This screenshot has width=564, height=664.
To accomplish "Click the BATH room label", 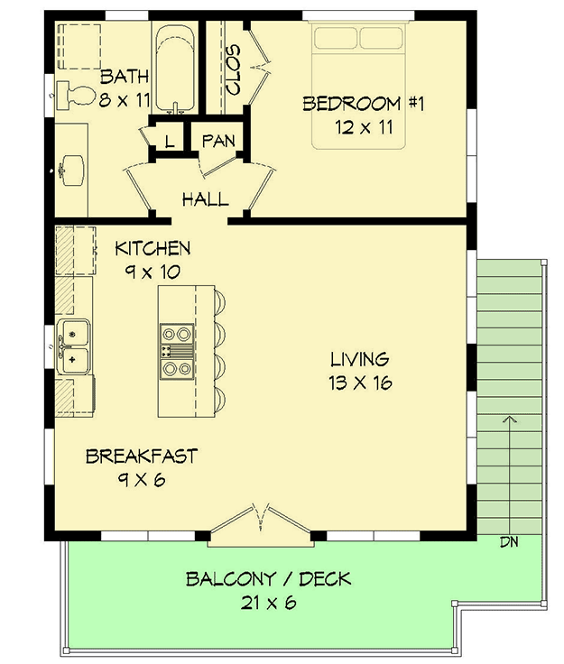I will pyautogui.click(x=123, y=76).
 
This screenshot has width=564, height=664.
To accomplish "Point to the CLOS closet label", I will pyautogui.click(x=232, y=69).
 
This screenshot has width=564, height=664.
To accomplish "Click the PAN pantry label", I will pyautogui.click(x=218, y=141).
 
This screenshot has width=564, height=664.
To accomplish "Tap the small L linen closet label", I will pyautogui.click(x=170, y=141).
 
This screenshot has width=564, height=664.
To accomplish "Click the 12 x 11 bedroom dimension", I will pyautogui.click(x=361, y=127).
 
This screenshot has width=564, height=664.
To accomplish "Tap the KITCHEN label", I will pyautogui.click(x=153, y=248).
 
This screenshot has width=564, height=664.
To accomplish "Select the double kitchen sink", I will pyautogui.click(x=73, y=346).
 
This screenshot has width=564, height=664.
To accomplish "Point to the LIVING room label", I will pyautogui.click(x=359, y=359).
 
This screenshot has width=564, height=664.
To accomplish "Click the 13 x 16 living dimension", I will pyautogui.click(x=359, y=383).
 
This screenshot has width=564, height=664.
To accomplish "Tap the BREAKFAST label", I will pyautogui.click(x=141, y=456).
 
